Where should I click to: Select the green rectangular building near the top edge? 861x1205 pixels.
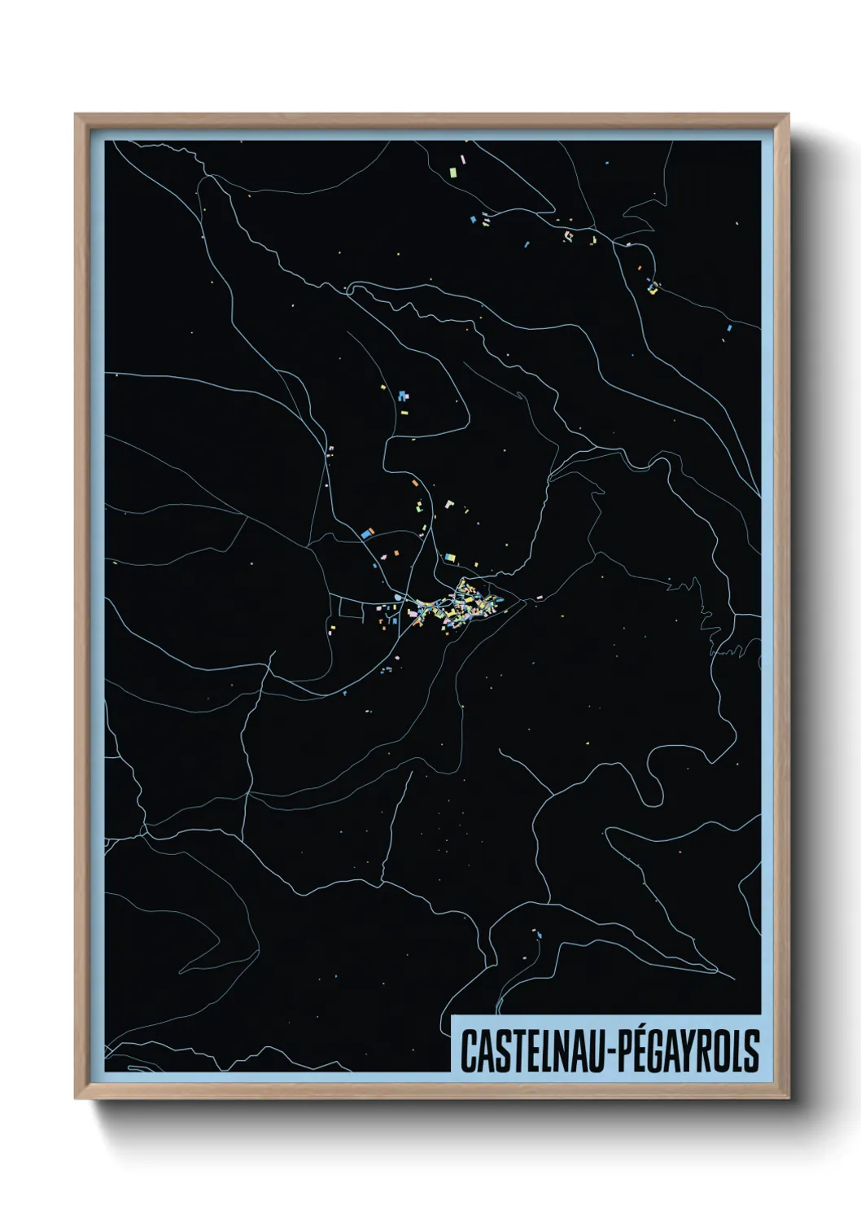point(452,171)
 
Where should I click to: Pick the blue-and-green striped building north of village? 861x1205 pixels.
point(448,557)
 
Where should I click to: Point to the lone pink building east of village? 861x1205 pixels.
point(538,598)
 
